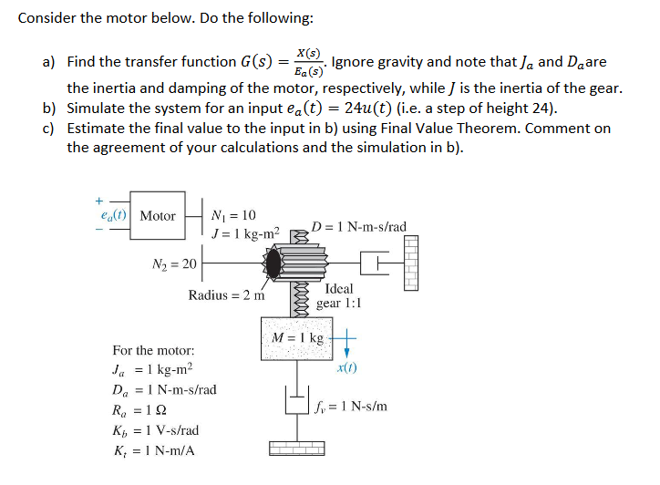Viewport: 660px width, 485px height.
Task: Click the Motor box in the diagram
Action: (158, 216)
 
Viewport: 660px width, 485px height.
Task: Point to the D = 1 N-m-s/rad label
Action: (358, 226)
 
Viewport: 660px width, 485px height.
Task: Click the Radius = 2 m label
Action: (227, 294)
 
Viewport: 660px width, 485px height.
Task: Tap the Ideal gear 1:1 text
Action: (338, 295)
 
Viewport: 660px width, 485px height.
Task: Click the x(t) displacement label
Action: (347, 368)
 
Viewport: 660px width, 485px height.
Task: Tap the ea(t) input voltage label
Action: (114, 216)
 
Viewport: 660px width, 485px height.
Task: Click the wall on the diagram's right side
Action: (411, 263)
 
